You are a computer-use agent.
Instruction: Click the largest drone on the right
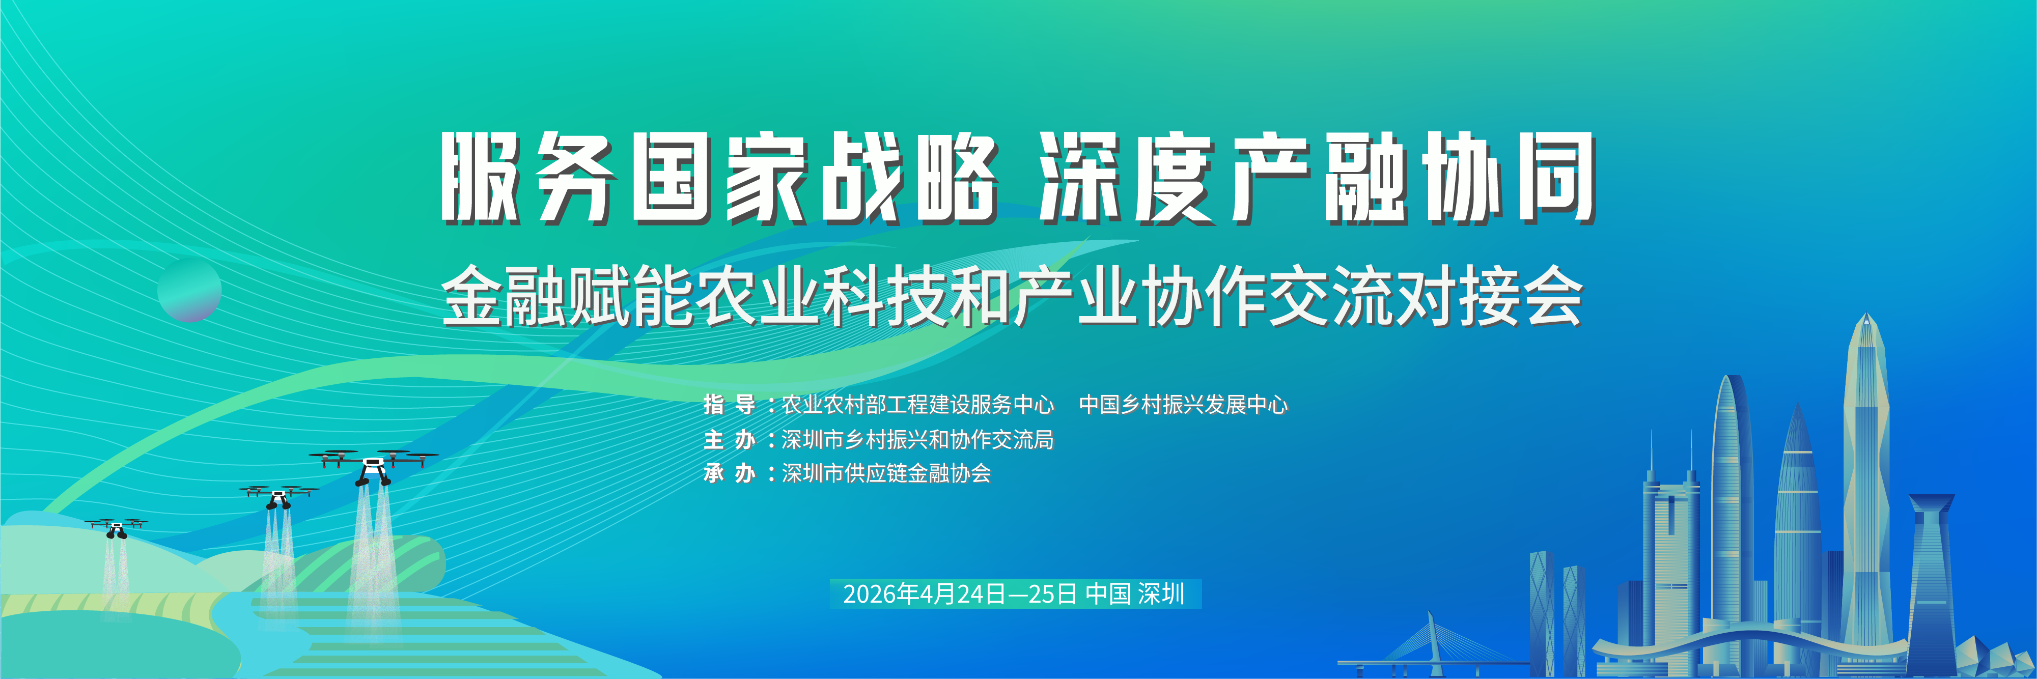pos(373,466)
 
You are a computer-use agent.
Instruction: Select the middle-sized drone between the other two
pos(278,496)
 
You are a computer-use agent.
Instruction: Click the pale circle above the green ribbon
pos(189,289)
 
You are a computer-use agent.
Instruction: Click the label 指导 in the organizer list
pos(729,405)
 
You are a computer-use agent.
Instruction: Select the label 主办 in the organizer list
pos(729,439)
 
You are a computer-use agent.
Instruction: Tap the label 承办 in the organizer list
pos(729,473)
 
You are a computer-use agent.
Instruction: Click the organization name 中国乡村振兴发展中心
pos(1183,405)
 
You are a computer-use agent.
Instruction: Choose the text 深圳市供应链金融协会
pos(886,473)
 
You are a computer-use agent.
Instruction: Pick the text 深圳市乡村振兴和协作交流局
pos(917,439)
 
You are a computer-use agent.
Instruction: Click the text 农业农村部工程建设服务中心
pos(917,405)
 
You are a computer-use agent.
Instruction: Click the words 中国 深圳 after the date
pos(1135,593)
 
